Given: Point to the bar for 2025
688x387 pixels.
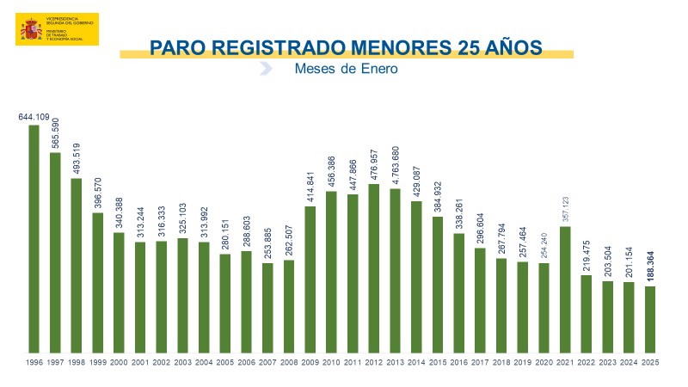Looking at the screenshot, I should pos(650,319).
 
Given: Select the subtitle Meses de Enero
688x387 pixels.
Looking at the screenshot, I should pos(347,69).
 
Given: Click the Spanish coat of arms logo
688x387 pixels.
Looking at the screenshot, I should pos(32,30).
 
